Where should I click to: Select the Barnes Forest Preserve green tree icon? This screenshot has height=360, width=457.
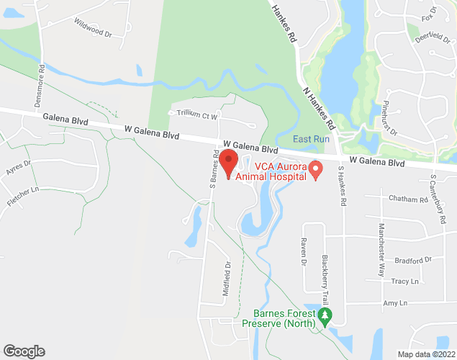tap(326, 315)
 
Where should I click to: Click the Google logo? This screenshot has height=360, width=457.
tap(24, 351)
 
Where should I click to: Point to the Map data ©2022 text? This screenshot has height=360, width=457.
tap(426, 354)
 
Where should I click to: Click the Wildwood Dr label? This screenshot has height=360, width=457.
tap(93, 28)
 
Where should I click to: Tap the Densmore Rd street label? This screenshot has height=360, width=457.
tap(40, 86)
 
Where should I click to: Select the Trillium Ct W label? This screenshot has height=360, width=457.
tap(193, 114)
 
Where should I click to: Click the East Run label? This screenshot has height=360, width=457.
tap(310, 139)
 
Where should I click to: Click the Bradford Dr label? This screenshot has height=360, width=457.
tap(412, 260)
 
